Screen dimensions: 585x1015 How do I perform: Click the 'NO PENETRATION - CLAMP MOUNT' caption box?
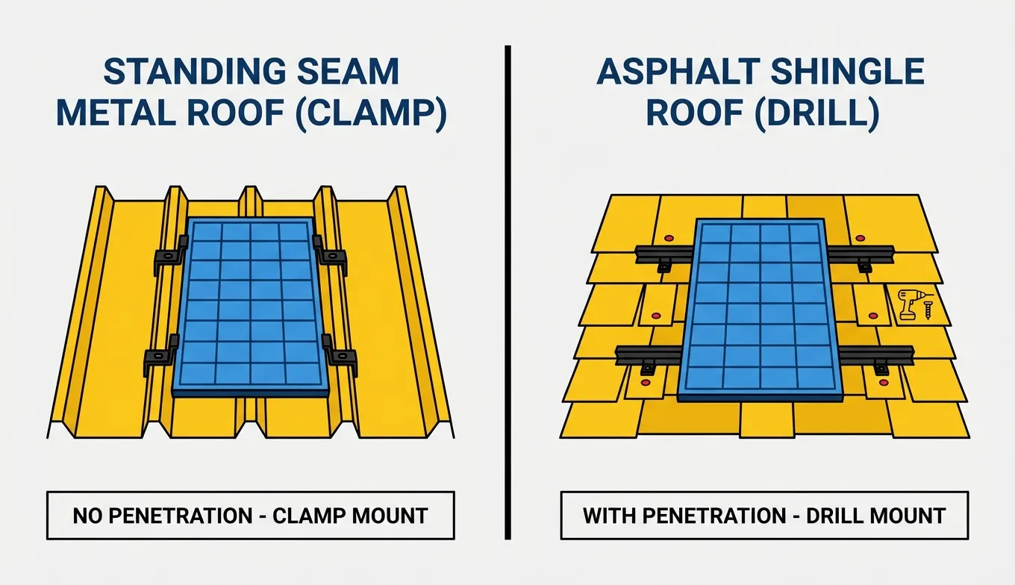click(x=250, y=515)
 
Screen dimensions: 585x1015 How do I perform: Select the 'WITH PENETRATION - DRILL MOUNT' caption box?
click(x=763, y=515)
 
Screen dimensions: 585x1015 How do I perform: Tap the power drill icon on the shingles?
click(x=908, y=304)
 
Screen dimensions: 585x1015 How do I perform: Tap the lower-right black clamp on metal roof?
click(x=339, y=357)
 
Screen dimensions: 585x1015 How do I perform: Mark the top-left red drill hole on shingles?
click(x=669, y=238)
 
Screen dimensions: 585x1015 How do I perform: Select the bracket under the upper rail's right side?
click(x=864, y=266)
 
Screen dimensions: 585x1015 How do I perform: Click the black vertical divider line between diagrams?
click(x=507, y=291)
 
